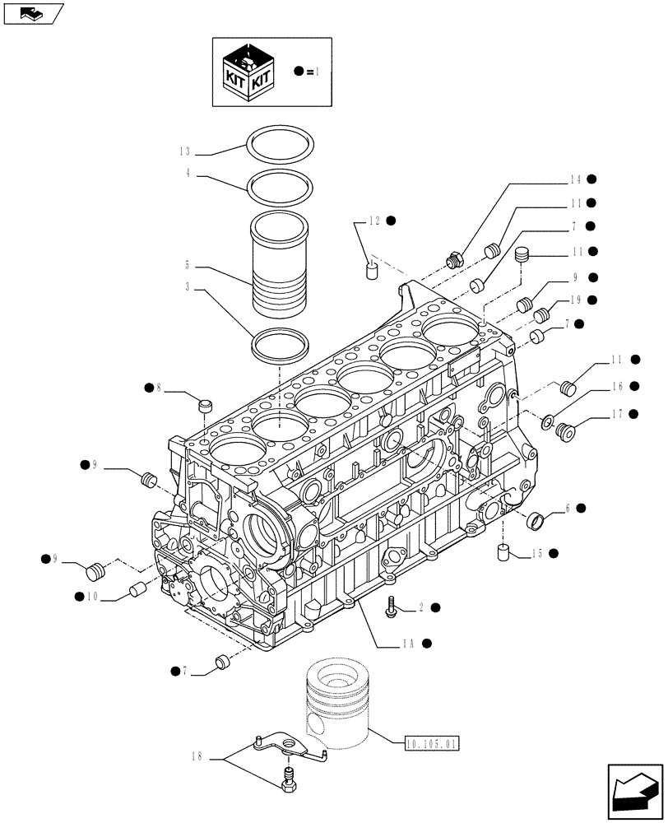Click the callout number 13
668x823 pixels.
click(x=185, y=151)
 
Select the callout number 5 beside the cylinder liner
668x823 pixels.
click(x=188, y=266)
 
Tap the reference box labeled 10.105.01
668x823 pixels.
click(x=433, y=744)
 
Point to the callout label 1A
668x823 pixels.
click(x=409, y=644)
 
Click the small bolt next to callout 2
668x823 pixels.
click(x=391, y=608)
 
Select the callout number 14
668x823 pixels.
click(x=573, y=179)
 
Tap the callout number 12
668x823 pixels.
click(x=374, y=221)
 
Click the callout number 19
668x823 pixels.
click(x=573, y=300)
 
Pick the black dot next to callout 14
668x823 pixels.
click(x=591, y=179)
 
